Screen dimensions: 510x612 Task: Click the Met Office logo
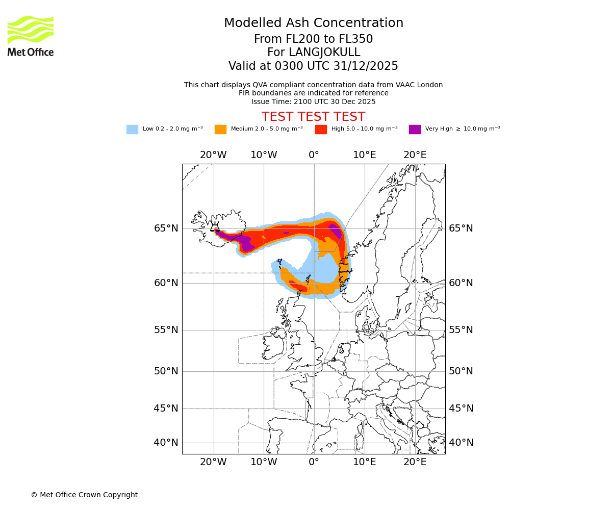click(31, 36)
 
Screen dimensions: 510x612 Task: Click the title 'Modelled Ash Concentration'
click(313, 23)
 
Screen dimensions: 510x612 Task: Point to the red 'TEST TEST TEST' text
click(313, 117)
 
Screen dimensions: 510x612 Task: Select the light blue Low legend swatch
click(132, 130)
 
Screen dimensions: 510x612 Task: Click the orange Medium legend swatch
click(220, 130)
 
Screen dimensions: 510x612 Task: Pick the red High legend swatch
click(321, 130)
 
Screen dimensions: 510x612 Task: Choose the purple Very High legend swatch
click(415, 130)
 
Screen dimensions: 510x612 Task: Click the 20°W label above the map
click(213, 155)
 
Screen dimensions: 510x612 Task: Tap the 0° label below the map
click(314, 462)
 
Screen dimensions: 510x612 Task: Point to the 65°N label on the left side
click(166, 228)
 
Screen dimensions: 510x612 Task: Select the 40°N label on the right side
click(461, 443)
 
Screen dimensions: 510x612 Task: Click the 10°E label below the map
click(364, 462)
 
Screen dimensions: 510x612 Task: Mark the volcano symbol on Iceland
click(215, 227)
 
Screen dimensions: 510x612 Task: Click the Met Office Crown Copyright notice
click(84, 495)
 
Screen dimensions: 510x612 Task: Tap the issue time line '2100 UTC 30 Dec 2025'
click(313, 101)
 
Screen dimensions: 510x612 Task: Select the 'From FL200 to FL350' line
click(313, 39)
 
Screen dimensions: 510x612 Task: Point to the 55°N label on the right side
click(461, 330)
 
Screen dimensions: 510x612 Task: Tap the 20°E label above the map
click(415, 155)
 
